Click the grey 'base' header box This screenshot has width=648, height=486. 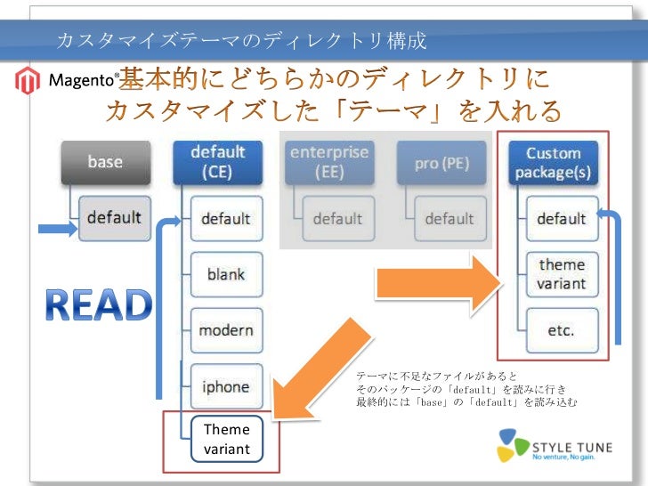pos(105,162)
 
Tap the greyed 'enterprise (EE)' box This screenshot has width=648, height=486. pos(329,162)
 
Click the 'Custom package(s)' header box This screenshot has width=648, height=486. pos(554,162)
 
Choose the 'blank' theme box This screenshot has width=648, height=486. pos(226,274)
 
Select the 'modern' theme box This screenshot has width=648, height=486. pos(226,330)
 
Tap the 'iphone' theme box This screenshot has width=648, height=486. pos(226,386)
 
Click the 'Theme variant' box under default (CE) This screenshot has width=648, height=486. pos(227,440)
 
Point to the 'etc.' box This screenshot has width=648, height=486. pos(561,330)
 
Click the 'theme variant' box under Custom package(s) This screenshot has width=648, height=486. pos(561,274)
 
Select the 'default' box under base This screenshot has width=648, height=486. pos(114,218)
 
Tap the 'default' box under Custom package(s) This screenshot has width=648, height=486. pos(561,218)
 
